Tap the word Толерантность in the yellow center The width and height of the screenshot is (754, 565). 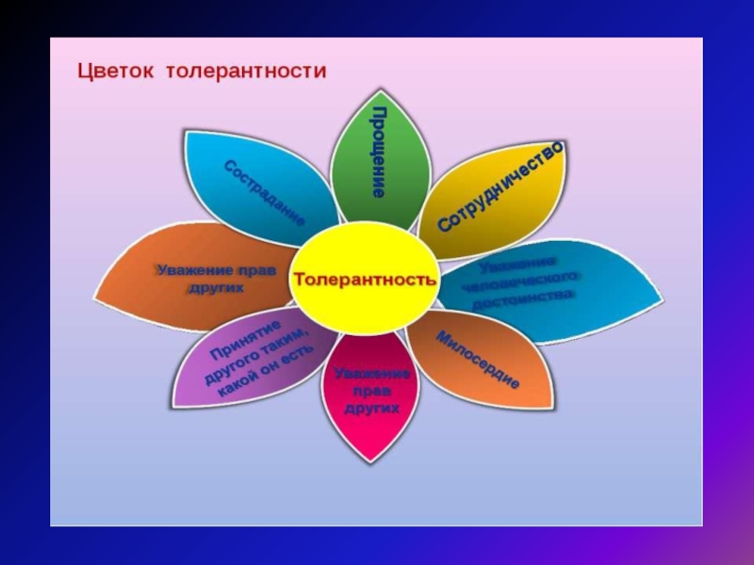(x=365, y=280)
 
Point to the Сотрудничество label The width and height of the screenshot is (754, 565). (x=500, y=187)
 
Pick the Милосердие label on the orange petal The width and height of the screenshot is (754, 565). (x=478, y=361)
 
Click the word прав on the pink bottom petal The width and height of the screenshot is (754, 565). (x=371, y=392)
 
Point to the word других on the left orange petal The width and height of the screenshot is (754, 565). (x=216, y=288)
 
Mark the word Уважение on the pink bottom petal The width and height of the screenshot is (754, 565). (x=371, y=375)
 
